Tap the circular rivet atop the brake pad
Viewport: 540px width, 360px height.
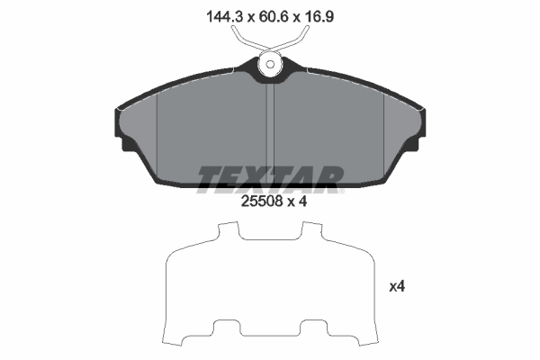click(270, 65)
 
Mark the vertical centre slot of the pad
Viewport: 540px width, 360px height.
click(271, 126)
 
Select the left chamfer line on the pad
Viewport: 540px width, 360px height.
click(157, 135)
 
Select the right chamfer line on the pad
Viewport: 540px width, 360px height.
click(384, 135)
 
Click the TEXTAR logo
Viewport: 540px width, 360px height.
click(267, 178)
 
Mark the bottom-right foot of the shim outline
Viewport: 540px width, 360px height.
click(353, 339)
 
